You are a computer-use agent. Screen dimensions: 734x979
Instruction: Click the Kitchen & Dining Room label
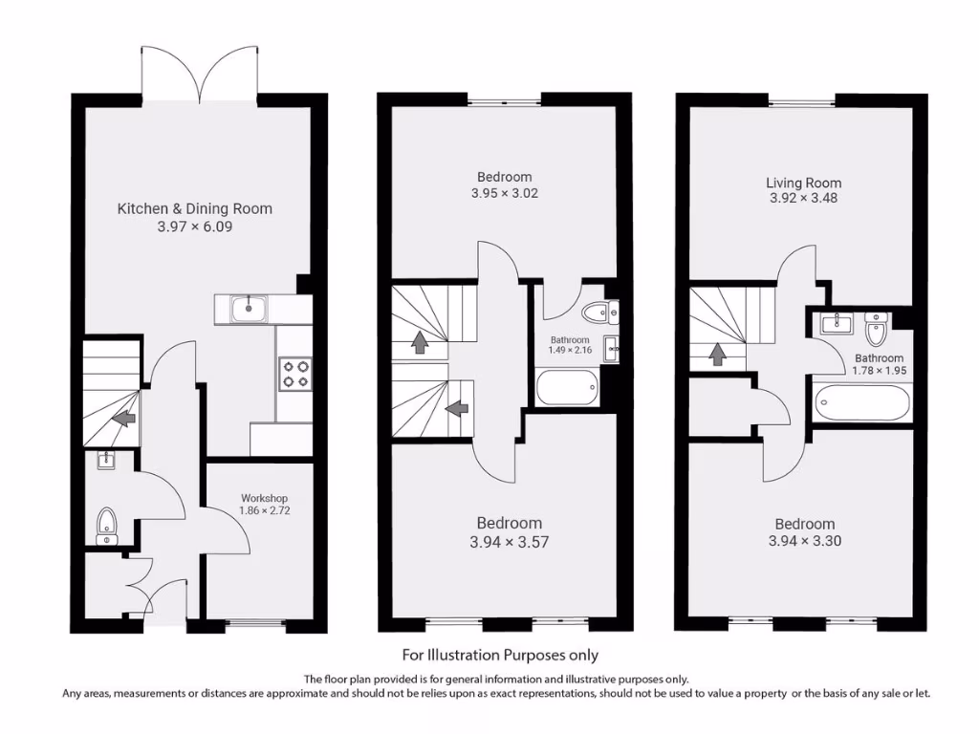click(194, 208)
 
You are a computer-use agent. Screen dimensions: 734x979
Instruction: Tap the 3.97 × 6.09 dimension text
click(194, 227)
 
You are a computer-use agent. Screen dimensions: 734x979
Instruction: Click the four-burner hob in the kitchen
click(295, 373)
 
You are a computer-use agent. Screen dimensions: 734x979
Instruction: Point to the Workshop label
click(264, 499)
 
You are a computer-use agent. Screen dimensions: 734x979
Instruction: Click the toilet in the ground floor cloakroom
click(107, 523)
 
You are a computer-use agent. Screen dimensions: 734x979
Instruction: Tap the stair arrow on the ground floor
click(122, 418)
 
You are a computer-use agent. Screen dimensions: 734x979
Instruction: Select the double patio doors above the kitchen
click(200, 75)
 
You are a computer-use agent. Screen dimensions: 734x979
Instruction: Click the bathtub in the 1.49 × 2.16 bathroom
click(567, 389)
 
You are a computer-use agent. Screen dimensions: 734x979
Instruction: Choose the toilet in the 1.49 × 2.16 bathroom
click(598, 312)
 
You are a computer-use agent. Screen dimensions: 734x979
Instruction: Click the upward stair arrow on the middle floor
click(419, 342)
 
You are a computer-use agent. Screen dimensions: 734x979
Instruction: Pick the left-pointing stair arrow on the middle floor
click(457, 408)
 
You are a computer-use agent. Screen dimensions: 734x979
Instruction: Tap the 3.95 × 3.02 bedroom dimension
click(504, 193)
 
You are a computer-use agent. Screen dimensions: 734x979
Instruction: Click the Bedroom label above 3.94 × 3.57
click(509, 523)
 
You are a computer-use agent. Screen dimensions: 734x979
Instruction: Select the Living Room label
click(803, 183)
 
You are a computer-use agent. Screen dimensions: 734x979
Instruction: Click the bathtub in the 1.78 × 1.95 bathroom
click(862, 402)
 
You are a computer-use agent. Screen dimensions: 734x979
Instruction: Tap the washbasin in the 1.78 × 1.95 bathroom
click(835, 323)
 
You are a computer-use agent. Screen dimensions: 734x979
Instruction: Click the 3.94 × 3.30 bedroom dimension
click(804, 541)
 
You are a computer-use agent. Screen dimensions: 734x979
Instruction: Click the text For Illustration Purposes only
click(499, 655)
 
